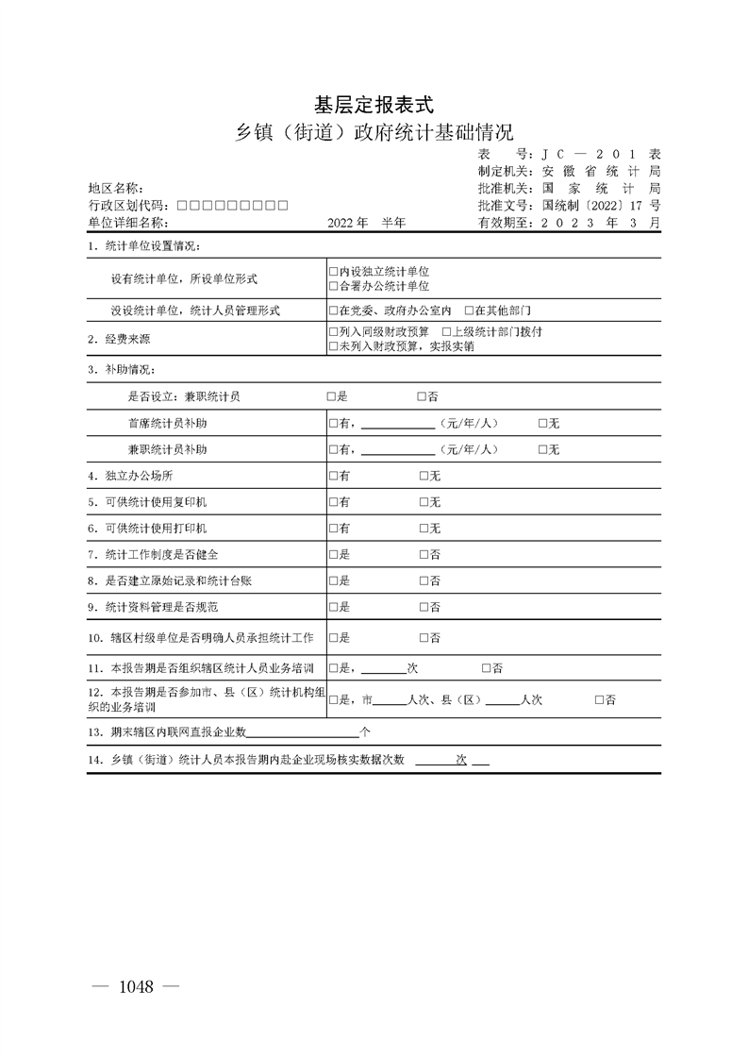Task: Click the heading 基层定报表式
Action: (x=373, y=104)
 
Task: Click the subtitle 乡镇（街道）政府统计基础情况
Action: (x=374, y=131)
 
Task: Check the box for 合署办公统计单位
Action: (x=333, y=286)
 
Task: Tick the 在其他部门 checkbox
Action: (x=469, y=311)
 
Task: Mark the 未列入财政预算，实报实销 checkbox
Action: (x=333, y=346)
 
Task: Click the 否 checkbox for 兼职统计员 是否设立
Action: (x=423, y=397)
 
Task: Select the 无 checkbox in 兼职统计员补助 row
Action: (x=543, y=450)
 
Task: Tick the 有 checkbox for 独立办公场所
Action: (x=333, y=477)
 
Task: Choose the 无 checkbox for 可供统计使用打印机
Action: (x=424, y=529)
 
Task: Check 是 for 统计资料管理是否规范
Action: (x=333, y=607)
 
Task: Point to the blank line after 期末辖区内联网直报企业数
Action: (x=303, y=732)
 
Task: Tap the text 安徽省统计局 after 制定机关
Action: (x=601, y=172)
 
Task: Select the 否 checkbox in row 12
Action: (x=600, y=700)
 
